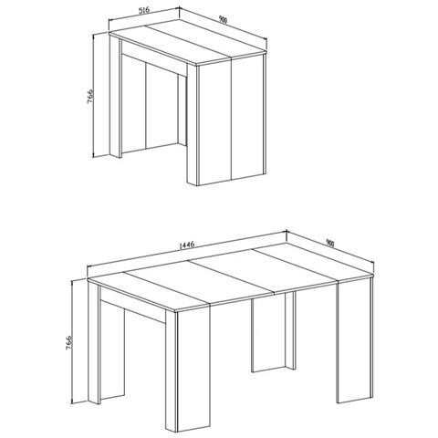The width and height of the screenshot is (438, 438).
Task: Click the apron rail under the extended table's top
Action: pyautogui.click(x=137, y=307)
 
